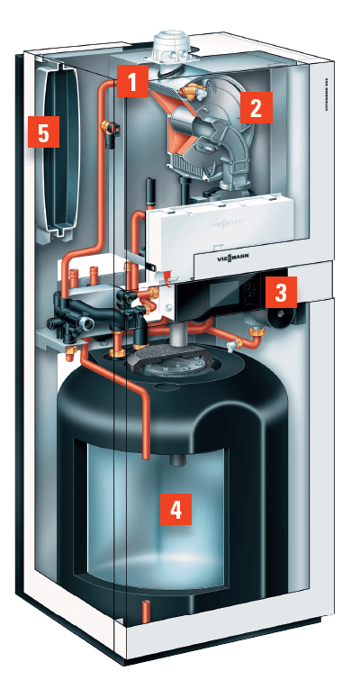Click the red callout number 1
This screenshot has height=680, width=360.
click(132, 84)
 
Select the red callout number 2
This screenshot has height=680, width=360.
click(256, 109)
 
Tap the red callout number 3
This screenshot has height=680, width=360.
click(280, 290)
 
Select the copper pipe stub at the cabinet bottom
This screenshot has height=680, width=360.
click(145, 612)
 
